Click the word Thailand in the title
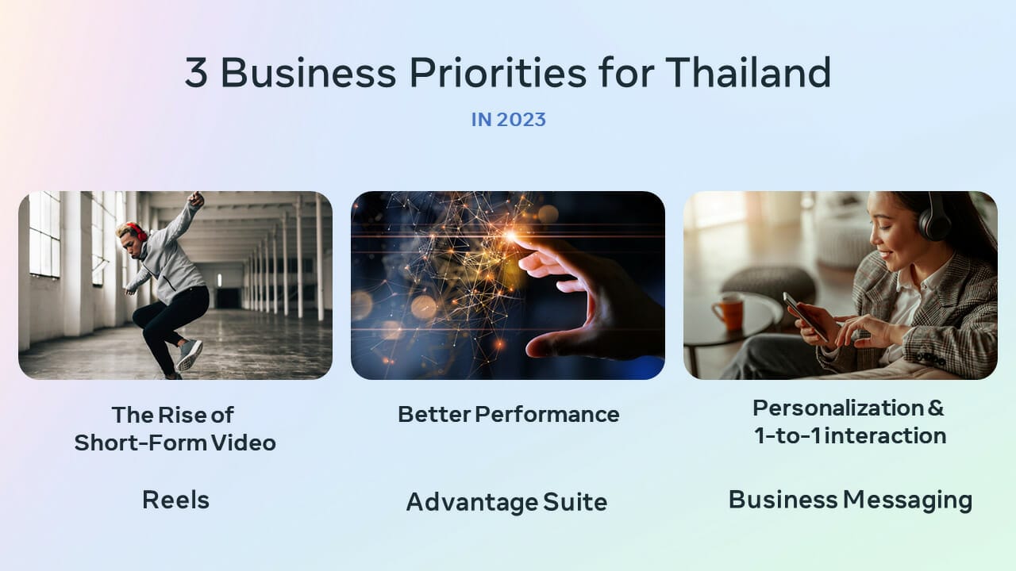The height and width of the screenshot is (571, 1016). click(x=749, y=72)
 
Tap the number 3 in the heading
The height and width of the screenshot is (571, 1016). click(x=196, y=72)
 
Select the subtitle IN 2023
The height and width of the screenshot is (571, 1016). click(x=508, y=120)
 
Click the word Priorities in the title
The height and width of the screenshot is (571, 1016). click(x=498, y=72)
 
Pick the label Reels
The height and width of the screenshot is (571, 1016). click(x=175, y=500)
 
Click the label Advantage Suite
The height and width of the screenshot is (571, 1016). click(x=506, y=502)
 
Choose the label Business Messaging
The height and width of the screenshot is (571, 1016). click(x=850, y=500)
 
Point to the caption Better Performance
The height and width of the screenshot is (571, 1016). click(x=509, y=414)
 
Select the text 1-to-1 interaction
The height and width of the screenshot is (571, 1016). click(x=850, y=436)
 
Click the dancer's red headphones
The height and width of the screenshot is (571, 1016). click(x=137, y=232)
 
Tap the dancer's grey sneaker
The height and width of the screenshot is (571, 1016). click(x=190, y=354)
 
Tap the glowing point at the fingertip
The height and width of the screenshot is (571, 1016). click(x=511, y=236)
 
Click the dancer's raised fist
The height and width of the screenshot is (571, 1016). click(x=196, y=198)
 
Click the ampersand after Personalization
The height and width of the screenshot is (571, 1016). click(x=935, y=408)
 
